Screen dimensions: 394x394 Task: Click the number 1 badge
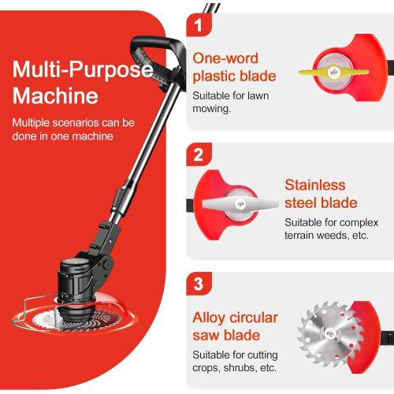tap(199, 24)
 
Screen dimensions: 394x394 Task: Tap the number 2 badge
tap(199, 154)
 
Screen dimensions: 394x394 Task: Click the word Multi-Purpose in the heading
tap(81, 71)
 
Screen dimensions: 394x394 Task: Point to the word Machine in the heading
tap(55, 97)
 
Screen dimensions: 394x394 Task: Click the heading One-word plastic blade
tap(234, 67)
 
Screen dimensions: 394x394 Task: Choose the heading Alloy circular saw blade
tap(236, 326)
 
